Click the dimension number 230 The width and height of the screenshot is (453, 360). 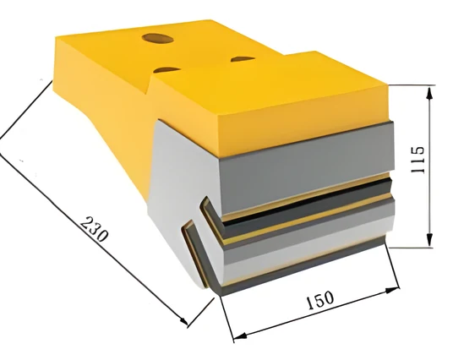click(95, 228)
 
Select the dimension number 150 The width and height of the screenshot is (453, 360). click(319, 300)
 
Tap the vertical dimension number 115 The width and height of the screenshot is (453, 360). click(418, 160)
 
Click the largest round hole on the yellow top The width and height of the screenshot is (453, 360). click(157, 38)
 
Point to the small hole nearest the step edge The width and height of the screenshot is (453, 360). click(167, 69)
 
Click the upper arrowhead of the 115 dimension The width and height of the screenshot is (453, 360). click(429, 94)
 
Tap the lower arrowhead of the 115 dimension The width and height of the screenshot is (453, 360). click(429, 239)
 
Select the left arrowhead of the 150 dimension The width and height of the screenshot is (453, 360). click(240, 335)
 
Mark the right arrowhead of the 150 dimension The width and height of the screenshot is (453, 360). click(392, 290)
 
